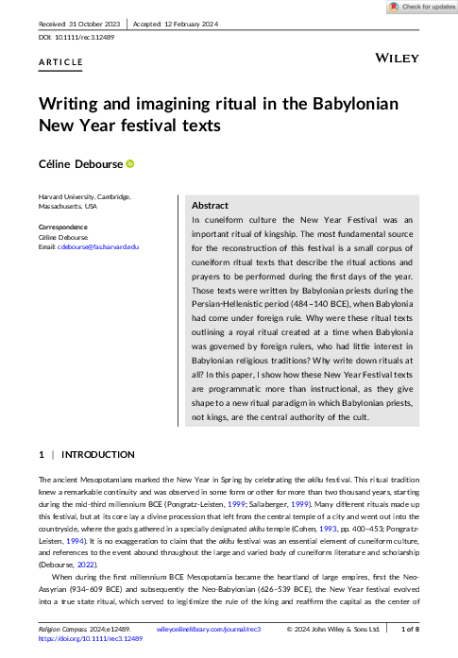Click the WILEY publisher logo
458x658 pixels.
pyautogui.click(x=398, y=59)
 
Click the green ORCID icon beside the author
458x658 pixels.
pyautogui.click(x=129, y=163)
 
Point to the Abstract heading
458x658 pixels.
pyautogui.click(x=210, y=205)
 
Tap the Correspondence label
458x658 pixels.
pyautogui.click(x=62, y=228)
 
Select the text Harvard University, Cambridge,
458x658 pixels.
pyautogui.click(x=84, y=196)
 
